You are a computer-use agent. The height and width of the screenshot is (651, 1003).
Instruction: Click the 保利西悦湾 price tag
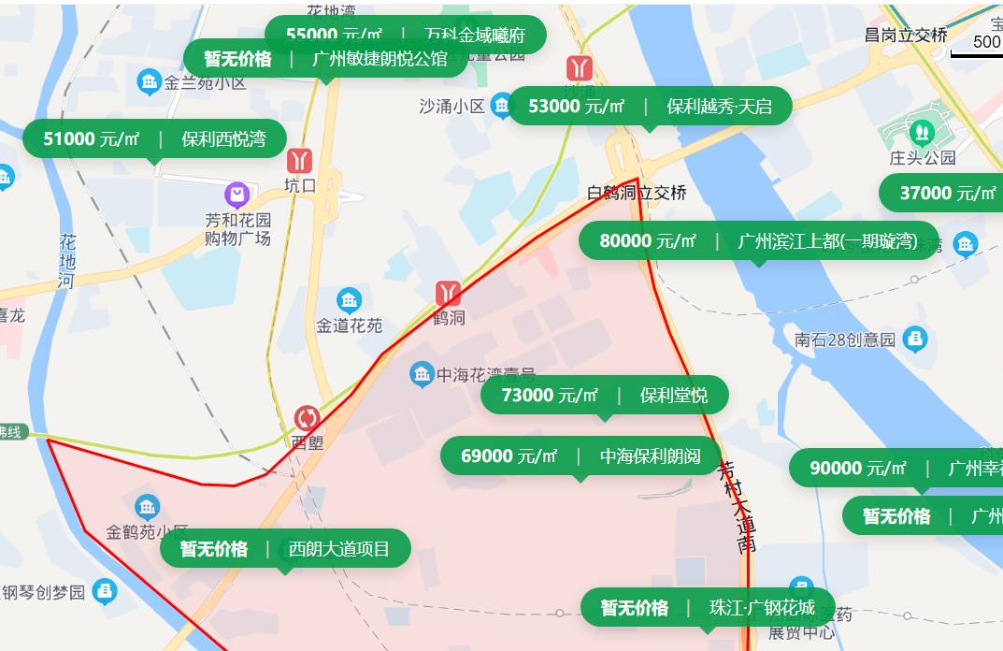[x=154, y=139]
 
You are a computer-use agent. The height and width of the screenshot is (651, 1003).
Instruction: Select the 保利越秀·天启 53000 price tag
[x=650, y=106]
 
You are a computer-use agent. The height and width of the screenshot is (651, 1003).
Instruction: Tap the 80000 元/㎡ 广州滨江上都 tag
[x=758, y=240]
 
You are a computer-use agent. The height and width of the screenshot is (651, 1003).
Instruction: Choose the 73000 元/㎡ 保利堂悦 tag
[x=604, y=395]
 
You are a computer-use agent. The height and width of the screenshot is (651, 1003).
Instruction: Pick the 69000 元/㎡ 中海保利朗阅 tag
[x=580, y=456]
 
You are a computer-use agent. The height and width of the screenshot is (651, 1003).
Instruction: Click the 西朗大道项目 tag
[x=285, y=548]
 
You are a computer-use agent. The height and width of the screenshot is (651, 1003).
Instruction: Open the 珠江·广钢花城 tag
[x=707, y=607]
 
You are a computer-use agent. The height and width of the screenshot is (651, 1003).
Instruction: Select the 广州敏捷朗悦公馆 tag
[x=325, y=59]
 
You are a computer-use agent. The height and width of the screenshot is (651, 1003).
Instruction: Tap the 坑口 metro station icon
[x=300, y=160]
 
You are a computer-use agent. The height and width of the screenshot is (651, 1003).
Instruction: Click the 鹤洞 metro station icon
[x=448, y=293]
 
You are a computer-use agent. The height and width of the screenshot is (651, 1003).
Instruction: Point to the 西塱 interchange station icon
[x=307, y=418]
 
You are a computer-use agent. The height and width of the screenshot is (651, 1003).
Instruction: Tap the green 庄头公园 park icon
[x=922, y=131]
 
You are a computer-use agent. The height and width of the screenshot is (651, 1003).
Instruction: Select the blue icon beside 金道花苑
[x=349, y=300]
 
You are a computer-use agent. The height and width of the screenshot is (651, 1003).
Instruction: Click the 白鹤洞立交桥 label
[x=637, y=194]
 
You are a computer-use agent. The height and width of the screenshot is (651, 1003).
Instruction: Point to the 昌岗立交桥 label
[x=905, y=36]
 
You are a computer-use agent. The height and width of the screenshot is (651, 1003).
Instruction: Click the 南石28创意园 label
[x=845, y=340]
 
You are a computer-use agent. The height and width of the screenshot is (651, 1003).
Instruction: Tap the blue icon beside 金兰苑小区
[x=149, y=82]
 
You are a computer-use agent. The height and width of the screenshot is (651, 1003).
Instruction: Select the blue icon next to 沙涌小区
[x=502, y=105]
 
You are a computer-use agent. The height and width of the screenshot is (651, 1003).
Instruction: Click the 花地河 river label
[x=66, y=260]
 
